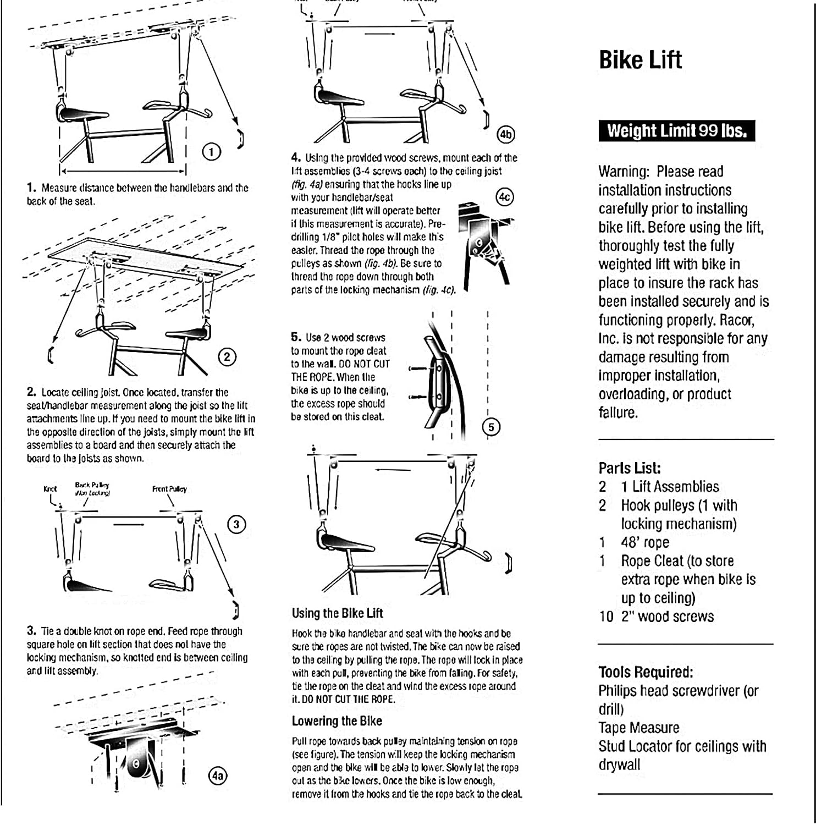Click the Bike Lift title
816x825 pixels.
coord(640,60)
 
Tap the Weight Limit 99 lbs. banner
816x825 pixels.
coord(676,131)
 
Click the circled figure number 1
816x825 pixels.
coord(212,152)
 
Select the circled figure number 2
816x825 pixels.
coord(227,357)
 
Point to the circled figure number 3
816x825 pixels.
coord(236,524)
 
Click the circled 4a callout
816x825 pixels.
coord(218,776)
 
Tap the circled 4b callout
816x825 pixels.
coord(505,134)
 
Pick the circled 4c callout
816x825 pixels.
coord(504,197)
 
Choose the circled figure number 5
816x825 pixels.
coord(491,427)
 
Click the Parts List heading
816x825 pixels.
coord(629,468)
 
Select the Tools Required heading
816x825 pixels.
coord(646,672)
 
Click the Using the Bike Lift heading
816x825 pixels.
coord(337,613)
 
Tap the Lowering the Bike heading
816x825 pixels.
coord(337,721)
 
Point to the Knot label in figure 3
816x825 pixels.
coord(50,488)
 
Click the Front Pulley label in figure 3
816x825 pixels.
coord(169,488)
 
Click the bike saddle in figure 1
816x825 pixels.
coord(82,114)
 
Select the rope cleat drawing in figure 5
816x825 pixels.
coord(437,380)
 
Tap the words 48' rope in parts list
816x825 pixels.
coord(645,542)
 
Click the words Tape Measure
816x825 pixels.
coord(638,728)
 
